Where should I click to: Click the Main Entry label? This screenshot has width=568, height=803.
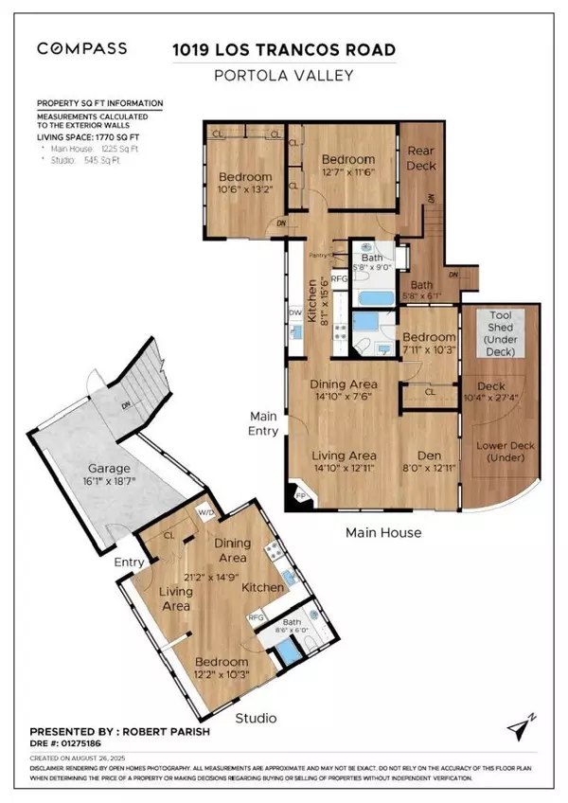[264, 423]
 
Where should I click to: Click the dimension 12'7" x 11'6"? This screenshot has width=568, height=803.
[347, 172]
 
